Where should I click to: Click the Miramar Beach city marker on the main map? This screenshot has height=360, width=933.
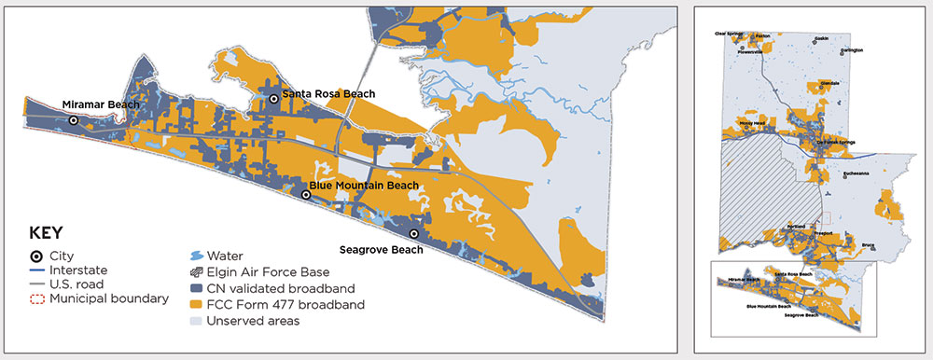coord(73,120)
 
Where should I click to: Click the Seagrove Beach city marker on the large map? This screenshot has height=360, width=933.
coord(414,233)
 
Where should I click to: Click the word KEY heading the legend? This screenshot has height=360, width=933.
coord(47,233)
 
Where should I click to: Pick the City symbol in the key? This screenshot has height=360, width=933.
coord(36,256)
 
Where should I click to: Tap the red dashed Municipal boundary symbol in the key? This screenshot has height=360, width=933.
coord(36,298)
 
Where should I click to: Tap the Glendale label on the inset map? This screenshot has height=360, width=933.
coord(829,83)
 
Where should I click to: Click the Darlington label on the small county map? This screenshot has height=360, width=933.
coord(852,50)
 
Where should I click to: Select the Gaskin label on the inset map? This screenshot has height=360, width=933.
coord(821,38)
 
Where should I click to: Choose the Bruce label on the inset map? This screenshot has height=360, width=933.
coord(869,245)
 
